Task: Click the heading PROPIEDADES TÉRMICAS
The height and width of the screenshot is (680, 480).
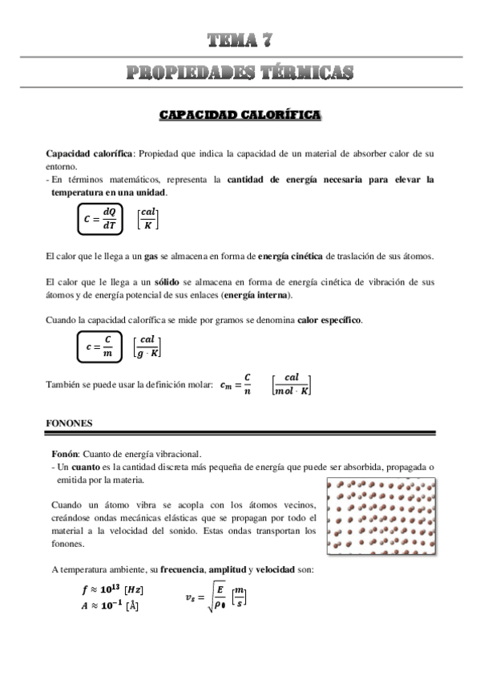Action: pyautogui.click(x=240, y=73)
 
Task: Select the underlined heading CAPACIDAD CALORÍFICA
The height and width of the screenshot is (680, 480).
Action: pyautogui.click(x=240, y=116)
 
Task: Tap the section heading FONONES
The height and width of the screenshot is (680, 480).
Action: pyautogui.click(x=69, y=422)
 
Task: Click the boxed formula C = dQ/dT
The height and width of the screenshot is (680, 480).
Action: pyautogui.click(x=102, y=217)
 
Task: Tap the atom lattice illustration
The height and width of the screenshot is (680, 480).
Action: pyautogui.click(x=381, y=517)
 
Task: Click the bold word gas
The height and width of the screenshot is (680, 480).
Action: pyautogui.click(x=151, y=257)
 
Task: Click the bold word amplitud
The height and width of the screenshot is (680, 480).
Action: pyautogui.click(x=228, y=569)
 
